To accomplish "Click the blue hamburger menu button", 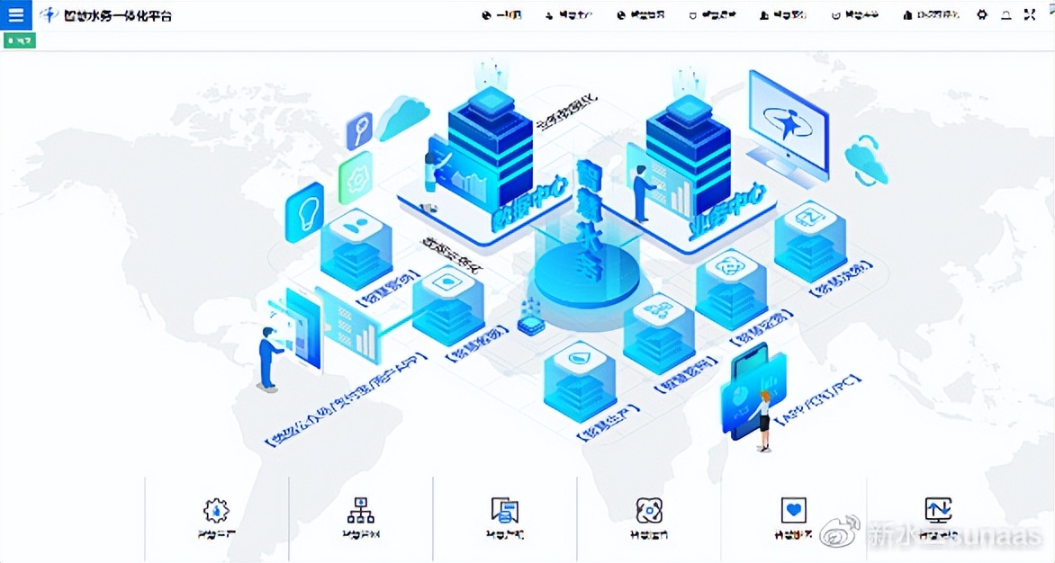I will point(16,14).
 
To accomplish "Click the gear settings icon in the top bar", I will point(982,15).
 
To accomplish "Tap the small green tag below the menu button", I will point(20,40).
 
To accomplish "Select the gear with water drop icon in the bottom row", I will point(216,511).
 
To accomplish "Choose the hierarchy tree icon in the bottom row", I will point(360,511).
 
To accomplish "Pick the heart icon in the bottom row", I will point(793,511).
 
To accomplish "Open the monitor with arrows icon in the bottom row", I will point(938,510).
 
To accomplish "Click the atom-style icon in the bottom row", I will point(648,511).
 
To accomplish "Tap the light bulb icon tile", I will point(304,212).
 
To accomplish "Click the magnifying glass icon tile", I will point(359,130).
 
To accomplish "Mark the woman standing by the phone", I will point(764,420).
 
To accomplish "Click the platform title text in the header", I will point(117,15).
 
